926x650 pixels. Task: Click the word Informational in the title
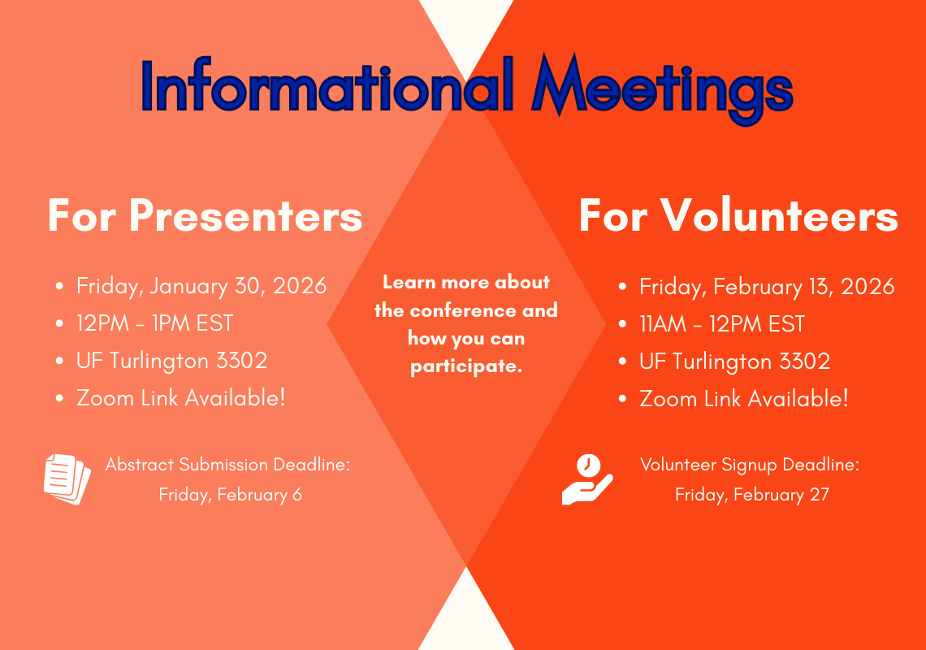pos(327,85)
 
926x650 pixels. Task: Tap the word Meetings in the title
pos(662,89)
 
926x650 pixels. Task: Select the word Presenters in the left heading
pos(245,215)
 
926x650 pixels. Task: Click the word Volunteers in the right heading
pos(779,215)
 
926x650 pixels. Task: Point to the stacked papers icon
pos(67,479)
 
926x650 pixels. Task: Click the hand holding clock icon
pos(587,479)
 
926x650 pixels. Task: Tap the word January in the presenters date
pos(188,286)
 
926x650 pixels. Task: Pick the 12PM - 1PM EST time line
pos(154,323)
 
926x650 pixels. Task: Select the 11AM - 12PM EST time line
pos(722,324)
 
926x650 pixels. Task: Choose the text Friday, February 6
pos(231,495)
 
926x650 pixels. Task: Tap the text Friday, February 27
pos(752,495)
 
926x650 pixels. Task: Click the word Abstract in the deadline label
pos(140,465)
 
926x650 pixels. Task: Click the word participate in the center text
pos(466,366)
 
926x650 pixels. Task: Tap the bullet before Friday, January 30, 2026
pos(59,287)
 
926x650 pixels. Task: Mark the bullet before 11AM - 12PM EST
pos(622,324)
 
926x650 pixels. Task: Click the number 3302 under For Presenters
pos(241,361)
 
